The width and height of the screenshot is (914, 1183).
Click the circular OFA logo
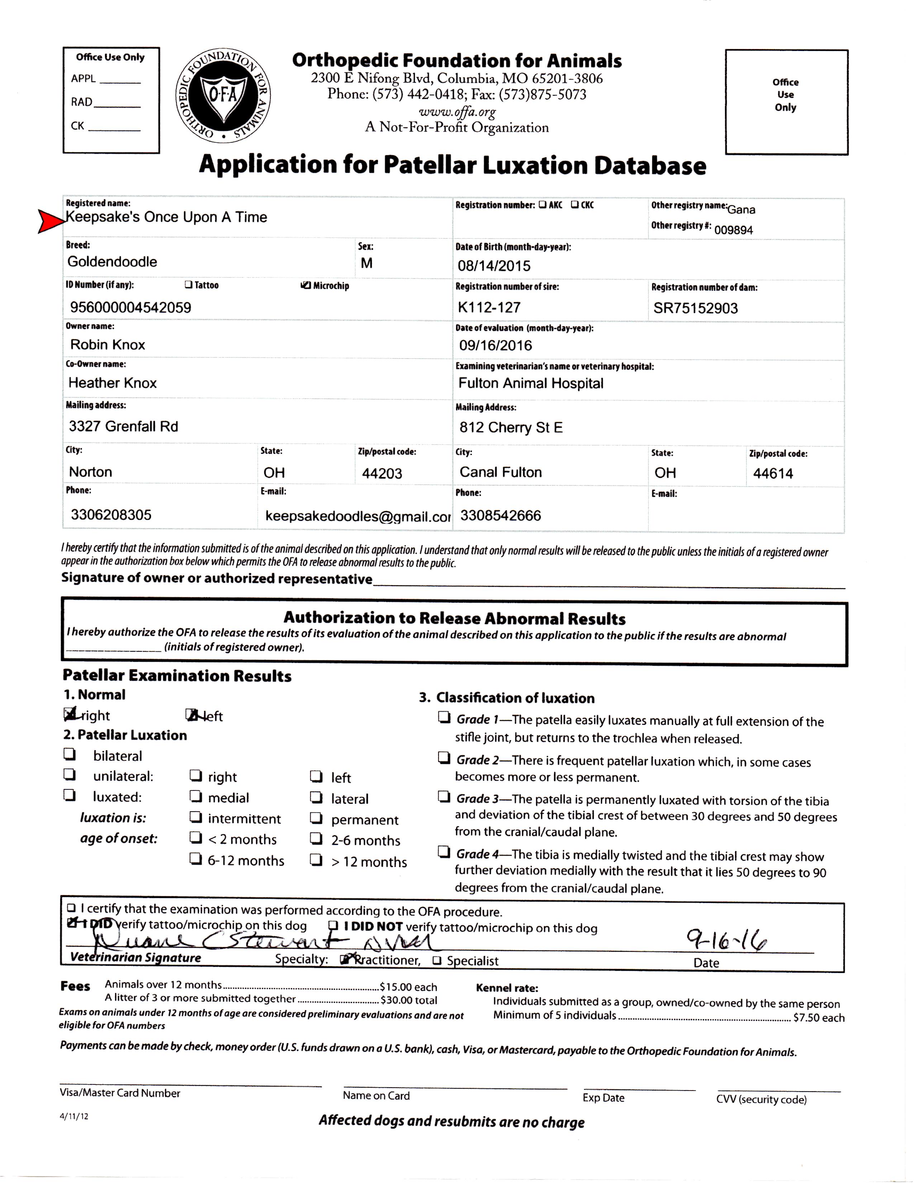pyautogui.click(x=223, y=96)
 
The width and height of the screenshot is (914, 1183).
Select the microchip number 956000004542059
pyautogui.click(x=131, y=308)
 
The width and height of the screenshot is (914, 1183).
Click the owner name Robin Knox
pyautogui.click(x=108, y=345)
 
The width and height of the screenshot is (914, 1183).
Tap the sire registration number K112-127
pyautogui.click(x=489, y=308)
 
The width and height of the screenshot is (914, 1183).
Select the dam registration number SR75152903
pyautogui.click(x=695, y=308)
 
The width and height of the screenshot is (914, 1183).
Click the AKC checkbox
pyautogui.click(x=542, y=205)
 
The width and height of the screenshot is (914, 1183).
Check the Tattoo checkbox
pyautogui.click(x=188, y=284)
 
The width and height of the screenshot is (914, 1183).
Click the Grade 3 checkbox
pyautogui.click(x=444, y=796)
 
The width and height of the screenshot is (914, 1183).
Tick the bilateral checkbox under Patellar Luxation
pyautogui.click(x=69, y=754)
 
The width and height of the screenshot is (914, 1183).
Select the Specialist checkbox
pyautogui.click(x=437, y=961)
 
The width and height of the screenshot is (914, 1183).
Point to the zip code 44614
pyautogui.click(x=773, y=474)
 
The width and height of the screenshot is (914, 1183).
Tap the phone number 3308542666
pyautogui.click(x=500, y=515)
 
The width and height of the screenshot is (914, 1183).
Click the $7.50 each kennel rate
pyautogui.click(x=818, y=1018)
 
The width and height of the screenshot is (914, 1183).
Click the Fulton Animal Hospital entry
pyautogui.click(x=530, y=384)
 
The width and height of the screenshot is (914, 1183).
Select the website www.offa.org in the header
pyautogui.click(x=457, y=112)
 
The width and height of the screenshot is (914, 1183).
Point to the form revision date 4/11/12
pyautogui.click(x=74, y=1116)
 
